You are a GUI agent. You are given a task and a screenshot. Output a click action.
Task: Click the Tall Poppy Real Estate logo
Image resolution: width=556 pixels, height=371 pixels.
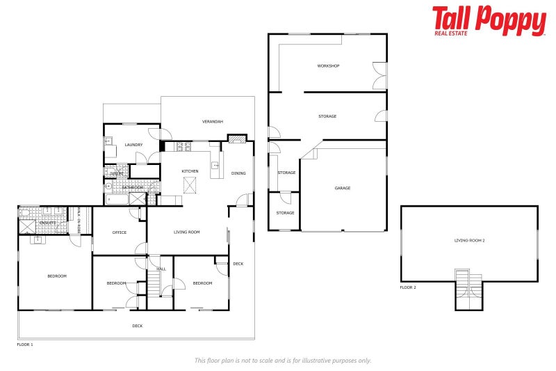coord(489,20)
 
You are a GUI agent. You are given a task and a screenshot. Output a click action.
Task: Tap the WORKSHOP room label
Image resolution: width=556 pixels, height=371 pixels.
coord(328,66)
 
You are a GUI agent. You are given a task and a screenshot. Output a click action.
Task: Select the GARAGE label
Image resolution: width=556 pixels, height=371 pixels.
coord(343,188)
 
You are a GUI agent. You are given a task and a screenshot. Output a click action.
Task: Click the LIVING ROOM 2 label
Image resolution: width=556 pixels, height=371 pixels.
coord(469,240)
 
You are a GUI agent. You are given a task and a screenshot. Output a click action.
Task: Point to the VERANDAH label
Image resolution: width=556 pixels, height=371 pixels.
coord(213,122)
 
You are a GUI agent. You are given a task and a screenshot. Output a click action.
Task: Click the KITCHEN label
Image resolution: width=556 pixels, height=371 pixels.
coord(190,171)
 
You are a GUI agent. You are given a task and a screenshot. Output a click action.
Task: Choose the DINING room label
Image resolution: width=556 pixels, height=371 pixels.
coord(238,173)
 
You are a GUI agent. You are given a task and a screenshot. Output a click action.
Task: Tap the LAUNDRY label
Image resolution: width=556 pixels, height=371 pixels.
coord(134,145)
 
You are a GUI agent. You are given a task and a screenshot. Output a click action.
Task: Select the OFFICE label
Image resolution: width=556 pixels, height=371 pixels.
coord(120,232)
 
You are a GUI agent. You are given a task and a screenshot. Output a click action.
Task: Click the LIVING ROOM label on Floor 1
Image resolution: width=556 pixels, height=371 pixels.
coord(187,232)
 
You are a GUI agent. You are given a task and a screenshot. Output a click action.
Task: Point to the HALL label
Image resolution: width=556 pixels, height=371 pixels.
coord(161,269)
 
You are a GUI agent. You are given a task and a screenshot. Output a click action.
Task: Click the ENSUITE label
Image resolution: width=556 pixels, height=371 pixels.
coord(47,223)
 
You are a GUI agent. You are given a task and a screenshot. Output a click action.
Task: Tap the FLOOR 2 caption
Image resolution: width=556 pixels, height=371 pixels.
coord(408,287)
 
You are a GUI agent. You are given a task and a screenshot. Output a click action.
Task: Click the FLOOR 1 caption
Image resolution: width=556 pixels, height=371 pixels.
coord(25,344)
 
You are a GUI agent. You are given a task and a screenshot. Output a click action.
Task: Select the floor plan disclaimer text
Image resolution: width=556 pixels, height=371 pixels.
coord(282,361)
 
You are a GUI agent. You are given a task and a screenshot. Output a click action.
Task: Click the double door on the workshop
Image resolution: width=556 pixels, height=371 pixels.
coord(379,75)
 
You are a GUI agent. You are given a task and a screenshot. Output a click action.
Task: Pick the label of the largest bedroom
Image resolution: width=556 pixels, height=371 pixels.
coord(57,276)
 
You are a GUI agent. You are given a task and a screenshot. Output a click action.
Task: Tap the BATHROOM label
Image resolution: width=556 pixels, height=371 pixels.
coord(133,187)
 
